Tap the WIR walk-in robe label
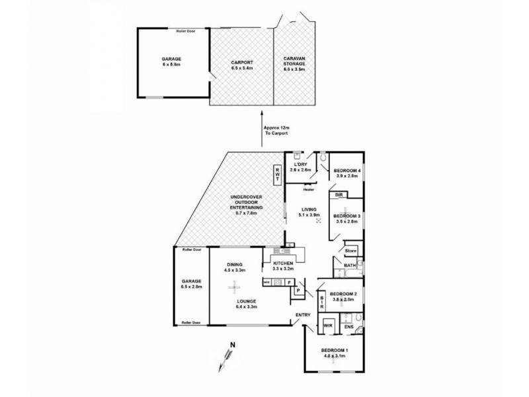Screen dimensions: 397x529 (x=328, y=326)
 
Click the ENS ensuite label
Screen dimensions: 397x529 (x=349, y=326)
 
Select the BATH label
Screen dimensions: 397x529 (x=349, y=266)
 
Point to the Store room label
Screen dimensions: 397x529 (x=350, y=251)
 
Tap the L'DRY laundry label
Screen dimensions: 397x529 (x=301, y=164)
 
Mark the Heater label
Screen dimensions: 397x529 (x=307, y=189)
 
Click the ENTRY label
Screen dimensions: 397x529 (x=303, y=315)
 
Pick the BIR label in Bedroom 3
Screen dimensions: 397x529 (x=338, y=196)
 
